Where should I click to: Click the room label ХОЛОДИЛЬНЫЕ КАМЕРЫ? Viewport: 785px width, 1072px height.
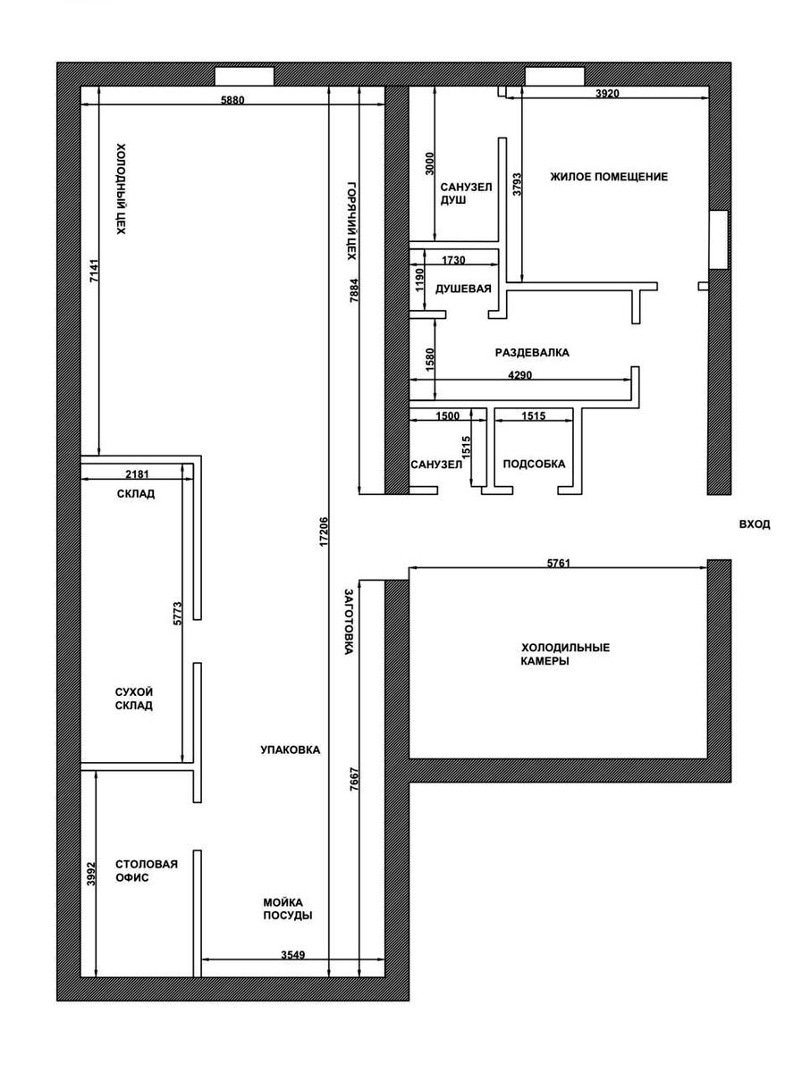(x=565, y=654)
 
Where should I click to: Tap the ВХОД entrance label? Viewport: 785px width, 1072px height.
(x=755, y=524)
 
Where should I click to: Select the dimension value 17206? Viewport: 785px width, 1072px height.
(x=324, y=532)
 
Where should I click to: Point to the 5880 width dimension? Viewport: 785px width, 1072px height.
(x=232, y=100)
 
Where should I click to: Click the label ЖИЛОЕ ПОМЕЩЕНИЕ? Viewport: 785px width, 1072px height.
(x=609, y=177)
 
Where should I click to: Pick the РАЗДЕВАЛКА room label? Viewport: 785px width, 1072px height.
(x=532, y=353)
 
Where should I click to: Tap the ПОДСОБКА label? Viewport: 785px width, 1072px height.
(x=534, y=464)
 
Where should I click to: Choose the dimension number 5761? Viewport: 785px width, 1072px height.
(x=559, y=564)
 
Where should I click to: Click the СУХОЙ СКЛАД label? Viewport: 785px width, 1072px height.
(x=134, y=699)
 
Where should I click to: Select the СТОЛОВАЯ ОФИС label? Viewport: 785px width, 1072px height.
(x=147, y=870)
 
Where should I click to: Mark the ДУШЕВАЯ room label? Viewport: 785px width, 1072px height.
(x=464, y=289)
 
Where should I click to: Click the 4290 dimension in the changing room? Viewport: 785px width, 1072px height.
(x=519, y=375)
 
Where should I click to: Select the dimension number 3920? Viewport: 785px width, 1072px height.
(x=607, y=93)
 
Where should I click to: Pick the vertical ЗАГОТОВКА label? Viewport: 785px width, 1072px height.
(x=350, y=621)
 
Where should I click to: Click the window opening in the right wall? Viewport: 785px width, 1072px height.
(x=719, y=239)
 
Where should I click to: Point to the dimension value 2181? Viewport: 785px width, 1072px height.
(x=137, y=474)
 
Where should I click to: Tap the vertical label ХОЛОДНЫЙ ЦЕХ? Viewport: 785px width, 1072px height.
(x=122, y=188)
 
